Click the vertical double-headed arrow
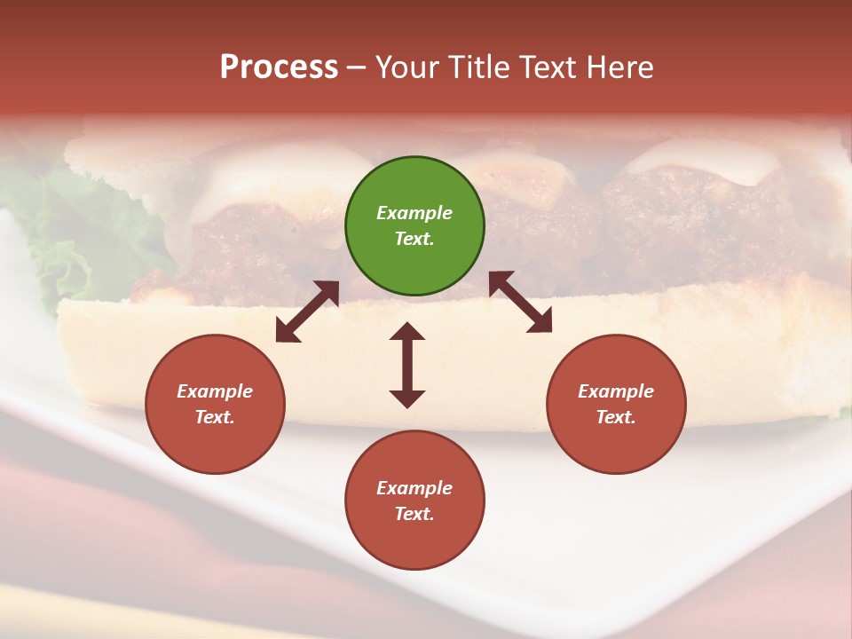pos(407,365)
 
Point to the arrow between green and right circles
pos(521,302)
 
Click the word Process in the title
pos(279,67)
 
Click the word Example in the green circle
pos(414,213)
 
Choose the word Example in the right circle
pos(616,391)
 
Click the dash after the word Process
pos(356,67)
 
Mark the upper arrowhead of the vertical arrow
pos(407,333)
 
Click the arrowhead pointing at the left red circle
pos(286,332)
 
